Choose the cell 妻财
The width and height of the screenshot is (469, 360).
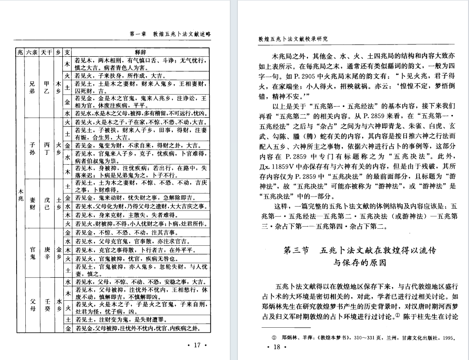point(32,203)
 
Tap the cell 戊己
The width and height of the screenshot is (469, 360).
point(47,203)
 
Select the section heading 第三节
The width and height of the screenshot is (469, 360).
point(296,251)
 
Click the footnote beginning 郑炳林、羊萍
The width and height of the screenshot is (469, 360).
point(364,337)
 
